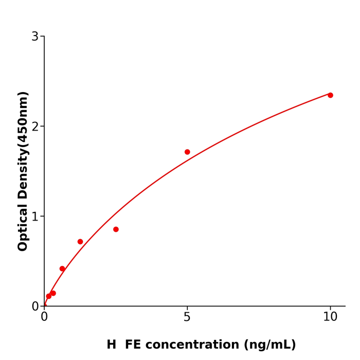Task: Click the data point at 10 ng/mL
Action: [x=330, y=95]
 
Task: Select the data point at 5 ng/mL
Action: [x=187, y=152]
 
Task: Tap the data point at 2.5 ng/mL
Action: [x=116, y=229]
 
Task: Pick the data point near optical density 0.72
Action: [x=80, y=242]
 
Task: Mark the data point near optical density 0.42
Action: [x=62, y=268]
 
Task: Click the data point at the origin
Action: [x=44, y=305]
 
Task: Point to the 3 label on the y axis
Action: [x=35, y=37]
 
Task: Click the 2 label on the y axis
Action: [x=35, y=127]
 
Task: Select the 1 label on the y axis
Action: [x=35, y=217]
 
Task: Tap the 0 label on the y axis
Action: [x=35, y=307]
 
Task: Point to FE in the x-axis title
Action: [x=133, y=345]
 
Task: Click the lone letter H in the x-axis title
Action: [x=112, y=345]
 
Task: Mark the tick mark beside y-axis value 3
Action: [x=42, y=36]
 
